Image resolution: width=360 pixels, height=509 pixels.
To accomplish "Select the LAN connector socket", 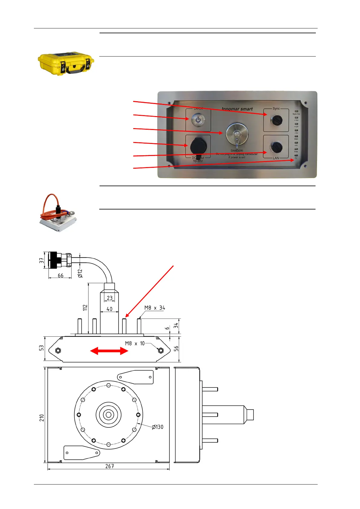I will [276, 147].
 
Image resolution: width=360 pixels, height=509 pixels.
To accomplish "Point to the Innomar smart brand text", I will [237, 109].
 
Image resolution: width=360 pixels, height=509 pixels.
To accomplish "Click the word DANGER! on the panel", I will [237, 151].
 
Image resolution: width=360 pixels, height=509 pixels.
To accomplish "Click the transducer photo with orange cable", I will [58, 213].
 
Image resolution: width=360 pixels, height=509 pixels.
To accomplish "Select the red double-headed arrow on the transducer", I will [109, 351].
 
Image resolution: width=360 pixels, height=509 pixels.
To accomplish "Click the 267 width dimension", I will [110, 466].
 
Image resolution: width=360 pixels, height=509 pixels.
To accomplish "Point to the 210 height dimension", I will [42, 418].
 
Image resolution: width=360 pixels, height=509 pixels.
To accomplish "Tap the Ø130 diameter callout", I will [157, 427].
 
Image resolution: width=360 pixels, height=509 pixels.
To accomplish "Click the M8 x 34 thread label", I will [155, 308].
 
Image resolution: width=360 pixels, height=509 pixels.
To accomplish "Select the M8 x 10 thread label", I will [135, 343].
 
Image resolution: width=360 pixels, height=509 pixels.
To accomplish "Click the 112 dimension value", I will [85, 307].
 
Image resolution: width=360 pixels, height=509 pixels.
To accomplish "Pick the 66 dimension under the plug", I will [61, 275].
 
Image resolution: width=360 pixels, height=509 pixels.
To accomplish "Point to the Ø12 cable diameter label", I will [80, 273].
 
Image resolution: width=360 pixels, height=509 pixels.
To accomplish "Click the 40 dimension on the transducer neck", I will [110, 309].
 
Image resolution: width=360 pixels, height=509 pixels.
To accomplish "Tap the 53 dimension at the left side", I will [41, 348].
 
